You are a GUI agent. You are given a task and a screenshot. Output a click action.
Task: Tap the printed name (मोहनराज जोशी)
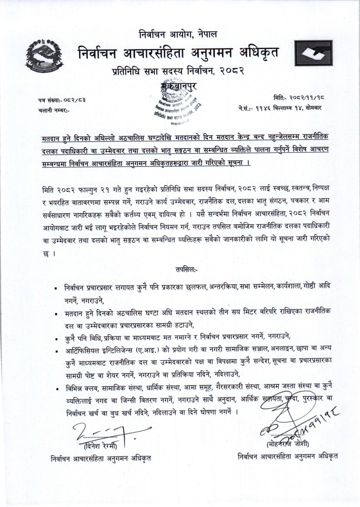tap(288, 445)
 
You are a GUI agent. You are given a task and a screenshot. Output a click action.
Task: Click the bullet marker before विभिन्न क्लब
tap(56, 389)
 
